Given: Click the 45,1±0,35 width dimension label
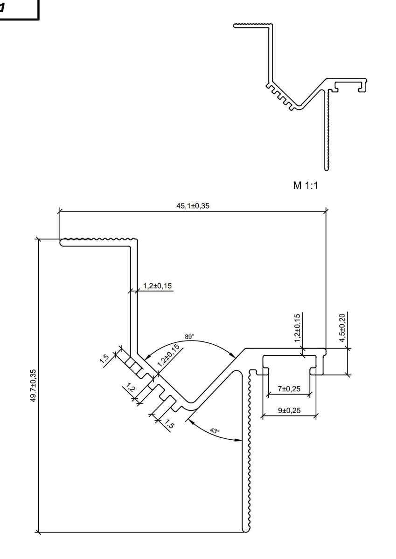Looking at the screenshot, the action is [x=193, y=206].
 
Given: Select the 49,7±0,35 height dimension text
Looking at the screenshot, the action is [x=33, y=386].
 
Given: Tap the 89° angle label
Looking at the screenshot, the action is [x=189, y=337].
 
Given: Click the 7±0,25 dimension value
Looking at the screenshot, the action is [x=289, y=389].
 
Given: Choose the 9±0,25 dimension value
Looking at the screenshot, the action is [x=289, y=410].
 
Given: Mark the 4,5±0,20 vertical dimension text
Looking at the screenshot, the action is [x=342, y=327].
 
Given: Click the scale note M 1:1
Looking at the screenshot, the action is [x=306, y=185].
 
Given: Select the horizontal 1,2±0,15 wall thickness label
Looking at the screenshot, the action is [x=157, y=286].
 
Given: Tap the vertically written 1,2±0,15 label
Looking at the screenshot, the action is [x=297, y=328].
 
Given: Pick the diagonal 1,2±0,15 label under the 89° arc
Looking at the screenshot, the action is [x=168, y=355].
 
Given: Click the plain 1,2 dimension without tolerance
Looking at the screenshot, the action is [x=131, y=387].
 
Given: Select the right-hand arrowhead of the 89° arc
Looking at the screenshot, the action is [x=232, y=355].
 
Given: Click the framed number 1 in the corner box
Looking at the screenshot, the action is [x=2, y=8].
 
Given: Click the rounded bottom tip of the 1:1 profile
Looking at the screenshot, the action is [x=327, y=170].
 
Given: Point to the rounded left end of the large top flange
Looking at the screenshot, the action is [x=61, y=242].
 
